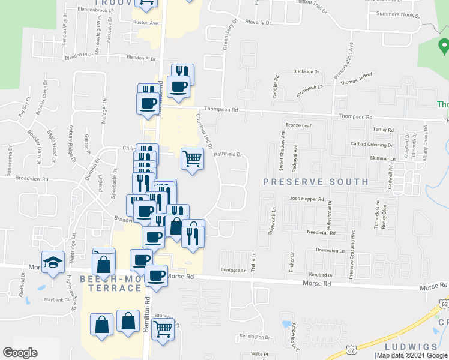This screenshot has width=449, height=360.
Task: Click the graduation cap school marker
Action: coord(53,262)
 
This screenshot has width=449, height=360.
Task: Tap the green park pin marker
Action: coord(444,46)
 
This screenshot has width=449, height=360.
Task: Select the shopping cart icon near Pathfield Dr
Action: coord(192,159)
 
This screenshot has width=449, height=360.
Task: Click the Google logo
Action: coord(20,353)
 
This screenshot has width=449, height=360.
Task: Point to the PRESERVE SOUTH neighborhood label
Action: coord(315,181)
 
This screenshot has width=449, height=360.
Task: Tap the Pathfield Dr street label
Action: coord(228,154)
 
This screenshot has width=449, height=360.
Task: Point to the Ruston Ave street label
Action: coord(145,23)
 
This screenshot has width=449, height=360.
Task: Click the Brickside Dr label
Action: coord(306,71)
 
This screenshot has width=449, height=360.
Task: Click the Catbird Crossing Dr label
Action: coord(372,145)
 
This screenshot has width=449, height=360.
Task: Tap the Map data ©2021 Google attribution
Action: coord(412,355)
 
